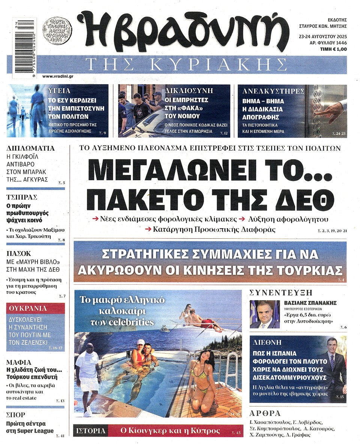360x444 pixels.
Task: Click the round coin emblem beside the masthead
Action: [x=57, y=29]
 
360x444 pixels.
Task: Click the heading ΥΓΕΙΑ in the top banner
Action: [x=59, y=91]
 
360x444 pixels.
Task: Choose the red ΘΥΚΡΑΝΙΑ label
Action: [x=28, y=308]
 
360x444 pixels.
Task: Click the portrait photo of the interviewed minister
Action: [x=265, y=314]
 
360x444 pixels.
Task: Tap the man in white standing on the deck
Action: [x=87, y=378]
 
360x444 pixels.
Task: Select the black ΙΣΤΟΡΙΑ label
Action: [x=91, y=431]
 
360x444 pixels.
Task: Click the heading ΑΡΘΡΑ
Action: [x=265, y=413]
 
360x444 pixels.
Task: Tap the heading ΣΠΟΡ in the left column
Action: [x=16, y=415]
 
